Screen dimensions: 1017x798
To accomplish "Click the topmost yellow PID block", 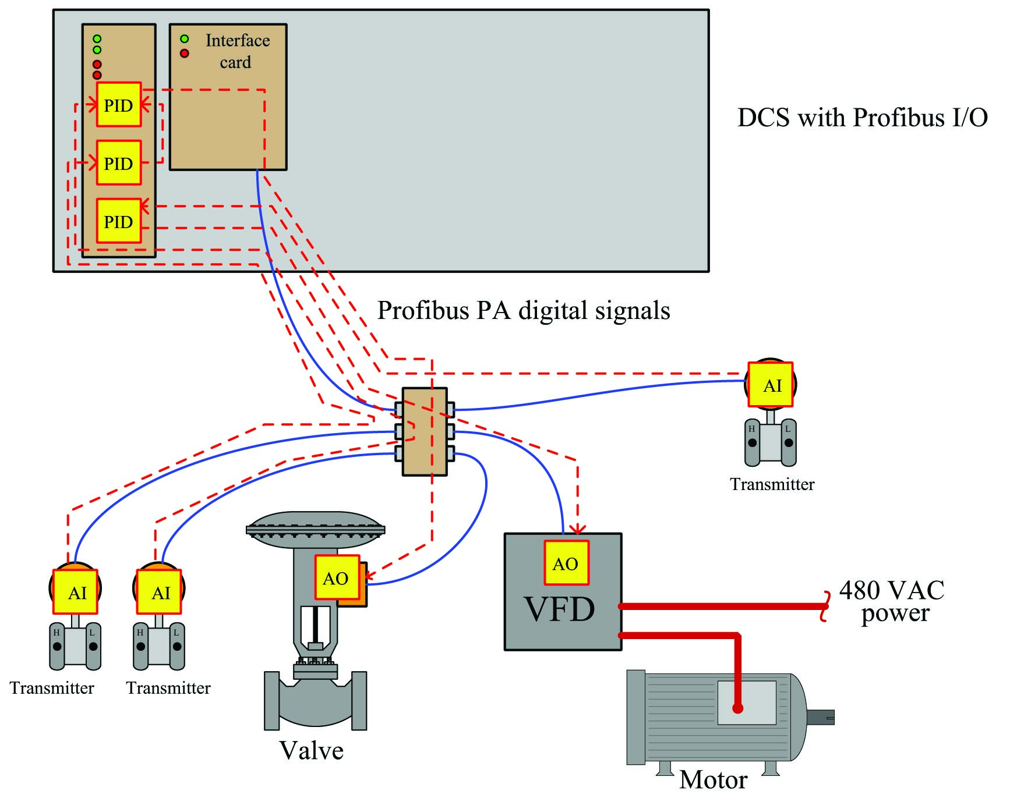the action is pyautogui.click(x=119, y=105).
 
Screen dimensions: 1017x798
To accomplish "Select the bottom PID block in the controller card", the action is pyautogui.click(x=119, y=221).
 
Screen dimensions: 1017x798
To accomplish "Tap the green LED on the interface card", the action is pyautogui.click(x=185, y=39).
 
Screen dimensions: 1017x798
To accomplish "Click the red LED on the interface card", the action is pyautogui.click(x=185, y=54).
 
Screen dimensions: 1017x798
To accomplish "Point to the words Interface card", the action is pyautogui.click(x=237, y=51).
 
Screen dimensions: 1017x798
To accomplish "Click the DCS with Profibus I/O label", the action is pyautogui.click(x=863, y=118).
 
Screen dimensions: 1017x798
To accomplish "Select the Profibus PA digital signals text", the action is pyautogui.click(x=524, y=311).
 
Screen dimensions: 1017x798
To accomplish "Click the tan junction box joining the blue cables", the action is pyautogui.click(x=425, y=431).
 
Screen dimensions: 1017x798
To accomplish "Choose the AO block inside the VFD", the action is pyautogui.click(x=566, y=563).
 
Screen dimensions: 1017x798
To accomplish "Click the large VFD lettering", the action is pyautogui.click(x=560, y=609).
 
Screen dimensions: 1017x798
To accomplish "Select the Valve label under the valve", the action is pyautogui.click(x=311, y=751).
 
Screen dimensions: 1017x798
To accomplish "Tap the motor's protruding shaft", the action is pyautogui.click(x=821, y=717).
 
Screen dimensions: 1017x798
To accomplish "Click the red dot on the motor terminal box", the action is pyautogui.click(x=738, y=708).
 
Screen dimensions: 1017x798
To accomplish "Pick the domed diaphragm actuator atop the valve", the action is pyautogui.click(x=315, y=530).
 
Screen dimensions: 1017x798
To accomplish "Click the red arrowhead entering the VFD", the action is pyautogui.click(x=577, y=529).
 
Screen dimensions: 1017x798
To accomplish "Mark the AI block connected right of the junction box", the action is pyautogui.click(x=771, y=385).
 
